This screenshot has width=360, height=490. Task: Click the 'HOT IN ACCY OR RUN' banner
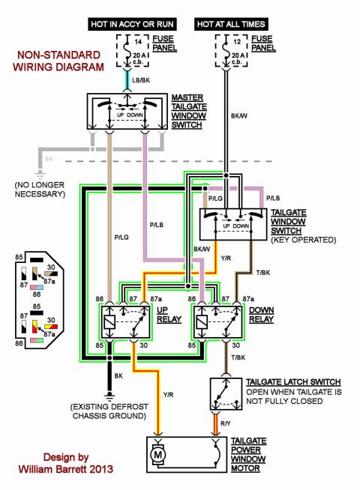click(132, 24)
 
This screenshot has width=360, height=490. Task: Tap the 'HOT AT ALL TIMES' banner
click(231, 24)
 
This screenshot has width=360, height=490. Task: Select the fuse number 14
click(138, 41)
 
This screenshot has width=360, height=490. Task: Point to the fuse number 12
click(238, 41)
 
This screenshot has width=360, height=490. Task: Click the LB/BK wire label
click(141, 80)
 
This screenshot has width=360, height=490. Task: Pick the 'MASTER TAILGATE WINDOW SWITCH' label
click(189, 111)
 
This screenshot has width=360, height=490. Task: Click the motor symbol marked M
click(158, 455)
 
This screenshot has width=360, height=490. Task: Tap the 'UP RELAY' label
click(169, 315)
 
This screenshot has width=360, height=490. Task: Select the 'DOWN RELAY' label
click(262, 315)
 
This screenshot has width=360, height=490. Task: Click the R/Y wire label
click(225, 423)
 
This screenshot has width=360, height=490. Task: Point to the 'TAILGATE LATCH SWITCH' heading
click(293, 382)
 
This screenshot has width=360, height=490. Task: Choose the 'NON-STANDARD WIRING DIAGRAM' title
click(58, 61)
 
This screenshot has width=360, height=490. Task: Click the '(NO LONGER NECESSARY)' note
click(40, 190)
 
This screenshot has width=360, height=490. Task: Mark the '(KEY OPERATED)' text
click(304, 240)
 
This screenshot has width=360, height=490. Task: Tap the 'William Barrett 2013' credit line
click(66, 469)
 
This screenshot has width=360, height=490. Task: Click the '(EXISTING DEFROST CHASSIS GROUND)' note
click(109, 411)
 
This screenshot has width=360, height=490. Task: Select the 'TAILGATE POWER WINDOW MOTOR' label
click(248, 455)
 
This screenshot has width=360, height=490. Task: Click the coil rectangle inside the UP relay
click(109, 322)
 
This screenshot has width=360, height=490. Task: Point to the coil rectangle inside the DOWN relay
click(202, 322)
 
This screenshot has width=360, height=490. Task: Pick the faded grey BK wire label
click(49, 159)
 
